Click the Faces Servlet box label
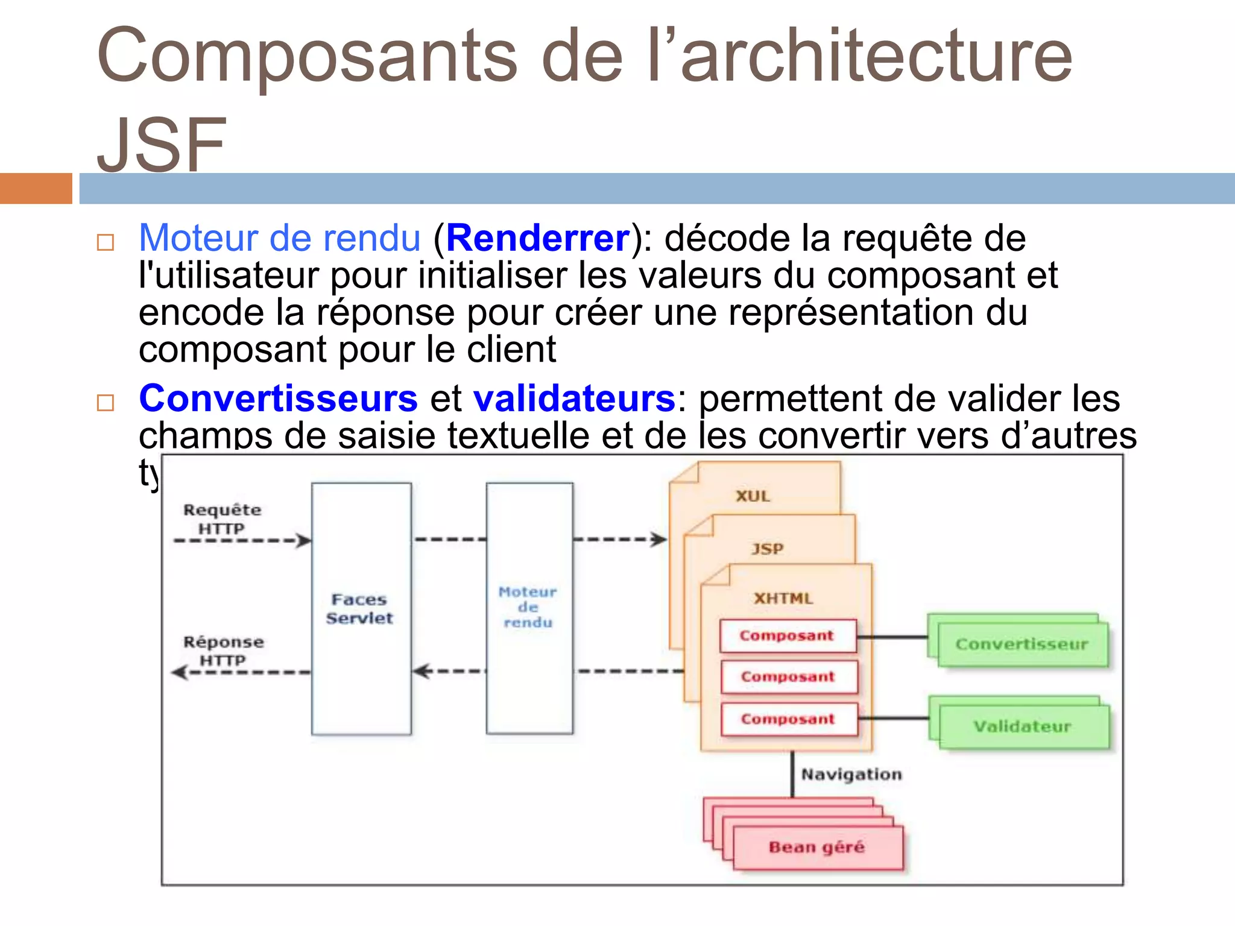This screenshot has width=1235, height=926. pyautogui.click(x=359, y=609)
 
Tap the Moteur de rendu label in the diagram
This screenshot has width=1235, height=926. pyautogui.click(x=528, y=607)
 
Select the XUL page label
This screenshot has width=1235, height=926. pyautogui.click(x=753, y=496)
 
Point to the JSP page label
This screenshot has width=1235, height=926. pyautogui.click(x=767, y=549)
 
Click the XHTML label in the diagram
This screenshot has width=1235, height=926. pyautogui.click(x=783, y=598)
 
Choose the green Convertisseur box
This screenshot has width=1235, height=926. pyautogui.click(x=1022, y=644)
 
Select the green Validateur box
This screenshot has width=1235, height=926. pyautogui.click(x=1023, y=726)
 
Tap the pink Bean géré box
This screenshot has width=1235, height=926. pyautogui.click(x=817, y=848)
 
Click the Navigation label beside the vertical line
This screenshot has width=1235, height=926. pyautogui.click(x=851, y=774)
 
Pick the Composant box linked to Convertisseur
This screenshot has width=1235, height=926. pyautogui.click(x=787, y=635)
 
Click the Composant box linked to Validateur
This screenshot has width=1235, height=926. pyautogui.click(x=788, y=719)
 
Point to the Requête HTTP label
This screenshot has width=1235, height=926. pyautogui.click(x=222, y=519)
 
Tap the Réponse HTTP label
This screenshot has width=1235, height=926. pyautogui.click(x=223, y=651)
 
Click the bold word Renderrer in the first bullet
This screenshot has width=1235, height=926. pyautogui.click(x=538, y=238)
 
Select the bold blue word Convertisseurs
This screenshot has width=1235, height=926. pyautogui.click(x=278, y=398)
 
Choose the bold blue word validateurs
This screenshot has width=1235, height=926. pyautogui.click(x=574, y=398)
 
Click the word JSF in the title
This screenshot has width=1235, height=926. pyautogui.click(x=162, y=145)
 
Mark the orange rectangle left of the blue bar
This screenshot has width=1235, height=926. pyautogui.click(x=36, y=188)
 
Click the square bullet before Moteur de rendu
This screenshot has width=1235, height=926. pyautogui.click(x=106, y=242)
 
